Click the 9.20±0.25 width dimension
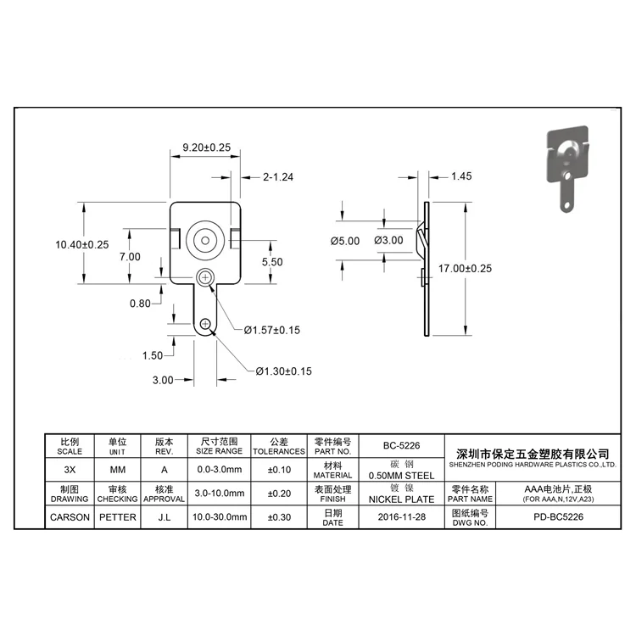207,147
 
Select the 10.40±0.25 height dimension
82,244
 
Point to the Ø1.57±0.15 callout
272,329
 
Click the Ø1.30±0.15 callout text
284,371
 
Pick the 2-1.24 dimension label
277,177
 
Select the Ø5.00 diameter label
345,241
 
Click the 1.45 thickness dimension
461,176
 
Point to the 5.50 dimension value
272,262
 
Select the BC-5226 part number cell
402,444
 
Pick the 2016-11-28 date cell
402,516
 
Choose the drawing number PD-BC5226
557,516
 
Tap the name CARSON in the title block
70,516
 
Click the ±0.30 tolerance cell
279,516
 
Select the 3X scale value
70,469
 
